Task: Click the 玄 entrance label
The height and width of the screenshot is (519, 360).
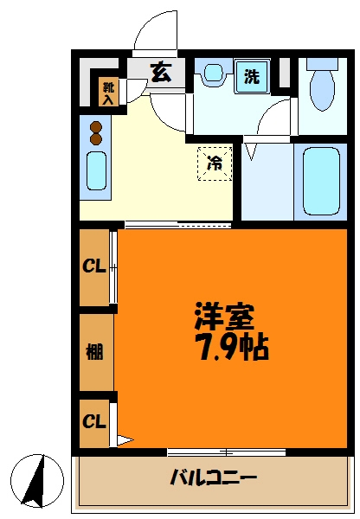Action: [x=161, y=73]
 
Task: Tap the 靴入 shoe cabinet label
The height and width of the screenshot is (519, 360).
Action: [x=108, y=92]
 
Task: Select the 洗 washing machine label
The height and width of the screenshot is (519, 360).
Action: [x=252, y=76]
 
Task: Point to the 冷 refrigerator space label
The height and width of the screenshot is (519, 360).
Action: [x=215, y=162]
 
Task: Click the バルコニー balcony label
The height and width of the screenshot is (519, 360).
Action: [x=214, y=477]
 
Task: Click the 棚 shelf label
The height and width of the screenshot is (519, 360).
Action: [x=94, y=351]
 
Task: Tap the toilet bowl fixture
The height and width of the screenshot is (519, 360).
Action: [x=323, y=86]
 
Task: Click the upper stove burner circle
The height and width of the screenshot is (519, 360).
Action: [x=95, y=125]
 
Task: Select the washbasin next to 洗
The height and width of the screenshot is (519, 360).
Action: [x=213, y=75]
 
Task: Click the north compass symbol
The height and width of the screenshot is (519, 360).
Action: [x=37, y=479]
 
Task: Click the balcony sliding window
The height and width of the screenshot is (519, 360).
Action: [x=226, y=452]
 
